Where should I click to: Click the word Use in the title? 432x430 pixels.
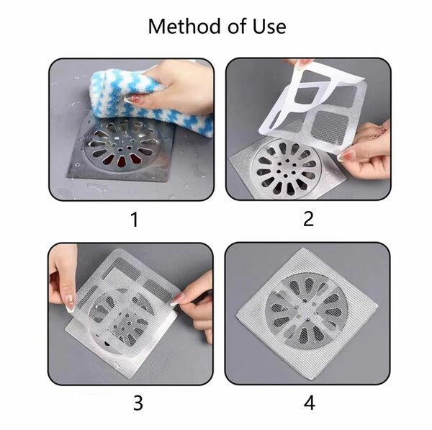(268, 27)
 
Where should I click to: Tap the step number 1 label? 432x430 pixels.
(134, 219)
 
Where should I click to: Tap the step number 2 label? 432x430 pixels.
(308, 219)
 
